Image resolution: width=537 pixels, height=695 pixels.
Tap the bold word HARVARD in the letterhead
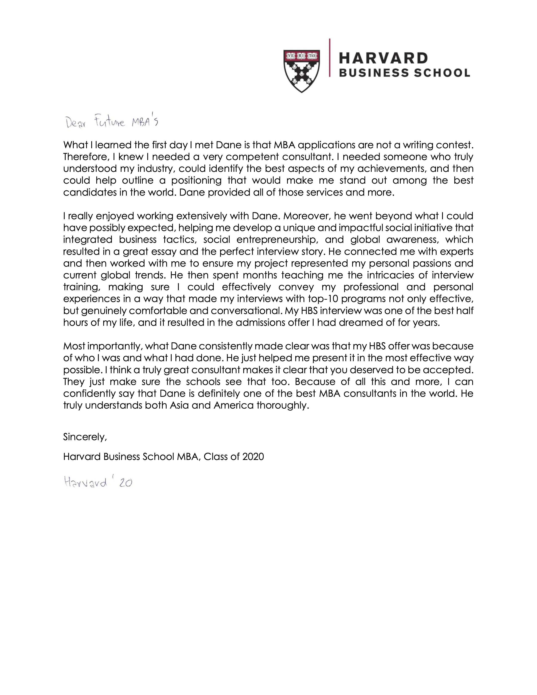383,58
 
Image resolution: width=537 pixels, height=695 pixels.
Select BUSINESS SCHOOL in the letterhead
404,73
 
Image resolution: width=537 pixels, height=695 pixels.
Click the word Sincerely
85,437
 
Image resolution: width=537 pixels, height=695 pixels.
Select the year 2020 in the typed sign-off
253,457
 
